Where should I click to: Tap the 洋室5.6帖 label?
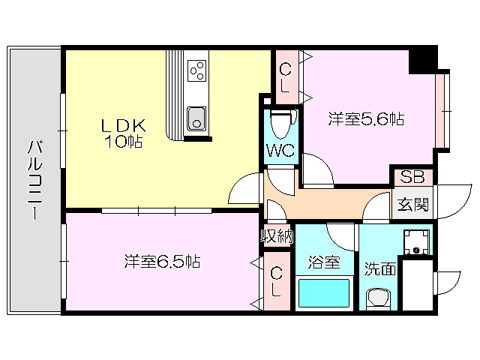tap(367, 118)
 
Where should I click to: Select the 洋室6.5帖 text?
tap(162, 262)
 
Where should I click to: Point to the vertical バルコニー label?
tap(34, 180)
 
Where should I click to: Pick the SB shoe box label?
tap(412, 178)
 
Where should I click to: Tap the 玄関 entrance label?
tap(412, 203)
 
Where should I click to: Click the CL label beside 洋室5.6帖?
tap(286, 77)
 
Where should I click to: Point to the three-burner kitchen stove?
tap(199, 72)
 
